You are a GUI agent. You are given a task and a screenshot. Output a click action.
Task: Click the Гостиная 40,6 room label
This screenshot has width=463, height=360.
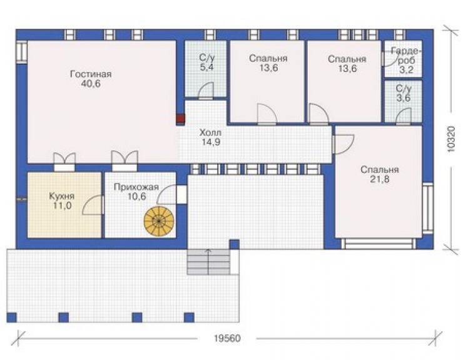91,79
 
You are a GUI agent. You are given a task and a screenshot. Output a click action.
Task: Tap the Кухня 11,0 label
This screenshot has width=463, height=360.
62,201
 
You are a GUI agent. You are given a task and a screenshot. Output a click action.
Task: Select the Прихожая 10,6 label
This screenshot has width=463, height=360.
136,192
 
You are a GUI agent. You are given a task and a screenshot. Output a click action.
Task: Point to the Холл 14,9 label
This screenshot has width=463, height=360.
211,137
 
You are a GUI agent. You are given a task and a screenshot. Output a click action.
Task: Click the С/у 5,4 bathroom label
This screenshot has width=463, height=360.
206,63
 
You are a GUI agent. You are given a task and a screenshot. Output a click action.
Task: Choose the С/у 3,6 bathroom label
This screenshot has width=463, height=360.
404,93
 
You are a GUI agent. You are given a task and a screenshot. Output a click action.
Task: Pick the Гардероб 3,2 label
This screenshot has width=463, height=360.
406,60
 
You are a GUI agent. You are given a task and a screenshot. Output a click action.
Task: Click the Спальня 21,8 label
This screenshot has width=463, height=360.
380,175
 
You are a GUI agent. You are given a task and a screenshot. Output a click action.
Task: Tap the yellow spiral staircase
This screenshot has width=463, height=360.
159,221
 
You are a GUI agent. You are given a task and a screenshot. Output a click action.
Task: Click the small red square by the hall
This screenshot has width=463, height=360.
180,119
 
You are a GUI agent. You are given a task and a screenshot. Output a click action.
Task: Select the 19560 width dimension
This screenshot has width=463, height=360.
227,338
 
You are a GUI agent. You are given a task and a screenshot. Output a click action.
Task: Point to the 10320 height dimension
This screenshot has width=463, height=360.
451,139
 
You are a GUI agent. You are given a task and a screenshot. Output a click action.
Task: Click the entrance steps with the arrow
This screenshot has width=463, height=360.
208,262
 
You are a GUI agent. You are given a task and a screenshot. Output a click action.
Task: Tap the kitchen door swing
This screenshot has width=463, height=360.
93,205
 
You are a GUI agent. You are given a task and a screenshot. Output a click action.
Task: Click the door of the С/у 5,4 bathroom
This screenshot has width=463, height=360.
206,90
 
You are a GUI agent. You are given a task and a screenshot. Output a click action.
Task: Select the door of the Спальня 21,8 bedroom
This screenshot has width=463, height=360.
343,144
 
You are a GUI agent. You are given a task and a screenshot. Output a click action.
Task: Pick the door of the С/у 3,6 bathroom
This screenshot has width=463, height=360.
404,116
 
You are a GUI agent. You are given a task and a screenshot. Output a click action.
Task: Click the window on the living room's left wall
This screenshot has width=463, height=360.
21,52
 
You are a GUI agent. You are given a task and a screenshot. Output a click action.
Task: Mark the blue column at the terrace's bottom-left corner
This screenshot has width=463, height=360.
11,317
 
